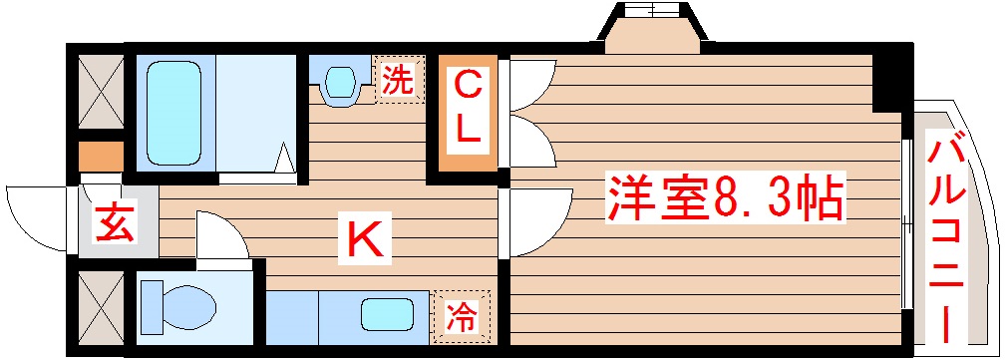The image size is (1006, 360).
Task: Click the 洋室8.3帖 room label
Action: [724, 200]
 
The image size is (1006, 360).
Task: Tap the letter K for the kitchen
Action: [362, 240]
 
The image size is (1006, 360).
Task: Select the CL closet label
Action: [467, 110]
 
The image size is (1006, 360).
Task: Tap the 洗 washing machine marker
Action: [397, 81]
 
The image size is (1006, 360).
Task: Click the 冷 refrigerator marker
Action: [461, 317]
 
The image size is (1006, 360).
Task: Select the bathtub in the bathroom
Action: [175, 113]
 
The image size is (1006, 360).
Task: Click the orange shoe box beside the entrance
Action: [101, 157]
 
